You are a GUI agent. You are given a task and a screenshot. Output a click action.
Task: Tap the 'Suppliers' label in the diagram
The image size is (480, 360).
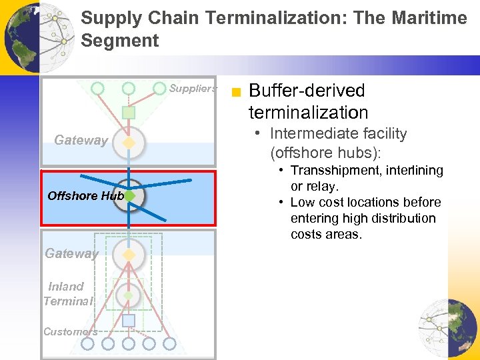[192, 88]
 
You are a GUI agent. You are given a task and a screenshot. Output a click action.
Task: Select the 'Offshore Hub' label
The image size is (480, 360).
[85, 196]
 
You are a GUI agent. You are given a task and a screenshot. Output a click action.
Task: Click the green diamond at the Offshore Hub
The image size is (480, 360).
[129, 196]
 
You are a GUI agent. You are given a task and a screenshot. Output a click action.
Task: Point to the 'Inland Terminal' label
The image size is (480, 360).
[67, 294]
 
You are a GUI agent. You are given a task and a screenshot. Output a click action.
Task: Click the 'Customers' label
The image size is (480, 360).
[70, 331]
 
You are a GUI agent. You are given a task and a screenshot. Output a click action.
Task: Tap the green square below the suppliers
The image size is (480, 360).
[129, 113]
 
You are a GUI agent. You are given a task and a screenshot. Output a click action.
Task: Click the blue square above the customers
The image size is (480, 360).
[129, 321]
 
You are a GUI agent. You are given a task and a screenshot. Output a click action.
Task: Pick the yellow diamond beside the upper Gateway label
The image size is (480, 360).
[129, 142]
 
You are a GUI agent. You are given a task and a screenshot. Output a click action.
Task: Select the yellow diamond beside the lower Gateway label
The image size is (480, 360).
[129, 254]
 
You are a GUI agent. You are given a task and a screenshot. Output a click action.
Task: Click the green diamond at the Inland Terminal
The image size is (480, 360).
[129, 295]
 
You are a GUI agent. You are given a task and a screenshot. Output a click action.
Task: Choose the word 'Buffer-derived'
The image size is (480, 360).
[307, 91]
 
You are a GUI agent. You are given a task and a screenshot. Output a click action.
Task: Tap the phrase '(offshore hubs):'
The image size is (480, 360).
[325, 153]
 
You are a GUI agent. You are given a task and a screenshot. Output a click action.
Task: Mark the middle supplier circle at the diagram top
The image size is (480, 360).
[129, 88]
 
